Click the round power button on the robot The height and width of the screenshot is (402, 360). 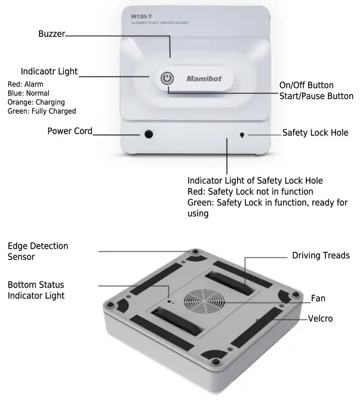click(x=168, y=79)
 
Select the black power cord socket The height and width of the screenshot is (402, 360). click(x=147, y=134)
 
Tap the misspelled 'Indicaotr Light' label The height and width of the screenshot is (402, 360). click(x=49, y=72)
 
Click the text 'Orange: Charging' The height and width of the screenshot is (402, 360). click(x=36, y=102)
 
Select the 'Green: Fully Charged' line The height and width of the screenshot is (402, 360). click(x=42, y=111)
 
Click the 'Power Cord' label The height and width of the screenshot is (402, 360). click(x=70, y=131)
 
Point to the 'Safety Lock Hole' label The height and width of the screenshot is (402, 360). click(x=315, y=132)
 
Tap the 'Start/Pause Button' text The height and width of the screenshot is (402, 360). click(x=316, y=96)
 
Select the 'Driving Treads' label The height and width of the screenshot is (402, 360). click(x=321, y=255)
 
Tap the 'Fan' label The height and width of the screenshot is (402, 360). click(x=318, y=298)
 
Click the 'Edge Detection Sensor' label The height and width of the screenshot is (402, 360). click(x=38, y=251)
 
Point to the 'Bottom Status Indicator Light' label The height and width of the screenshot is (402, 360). click(x=36, y=290)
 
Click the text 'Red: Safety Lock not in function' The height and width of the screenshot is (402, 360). click(x=250, y=191)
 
